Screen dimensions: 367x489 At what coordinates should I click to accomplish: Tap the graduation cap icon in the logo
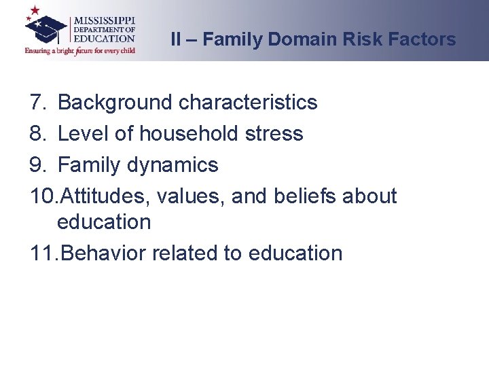pos(46,28)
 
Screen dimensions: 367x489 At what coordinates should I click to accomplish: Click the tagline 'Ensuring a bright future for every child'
pos(80,50)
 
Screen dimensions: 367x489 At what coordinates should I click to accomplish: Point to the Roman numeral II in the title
pos(176,39)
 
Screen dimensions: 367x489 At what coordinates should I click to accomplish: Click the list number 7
pos(37,103)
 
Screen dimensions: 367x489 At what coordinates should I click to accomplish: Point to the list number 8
pos(37,134)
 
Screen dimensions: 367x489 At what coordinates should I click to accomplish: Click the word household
pos(189,134)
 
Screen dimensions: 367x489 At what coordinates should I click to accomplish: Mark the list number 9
pos(37,165)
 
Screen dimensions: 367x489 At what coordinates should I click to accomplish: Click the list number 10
pos(43,196)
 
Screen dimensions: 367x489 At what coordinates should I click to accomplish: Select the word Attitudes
pos(105,196)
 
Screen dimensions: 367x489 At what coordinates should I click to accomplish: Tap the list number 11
pos(43,254)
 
